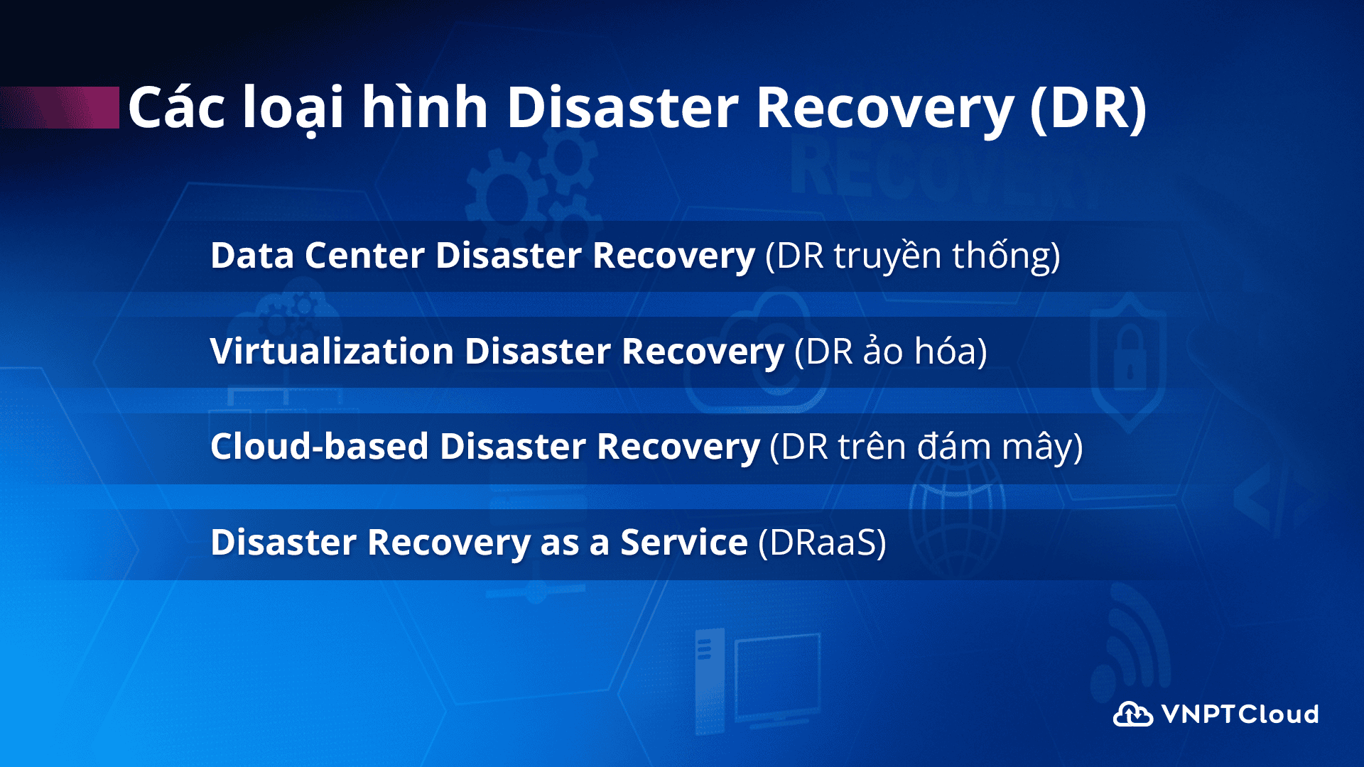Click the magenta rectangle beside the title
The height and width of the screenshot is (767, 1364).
tap(60, 107)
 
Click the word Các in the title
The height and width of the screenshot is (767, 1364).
tap(177, 107)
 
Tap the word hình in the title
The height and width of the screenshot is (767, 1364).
tap(425, 107)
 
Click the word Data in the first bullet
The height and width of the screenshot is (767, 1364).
tap(252, 256)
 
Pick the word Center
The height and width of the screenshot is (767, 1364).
tap(364, 256)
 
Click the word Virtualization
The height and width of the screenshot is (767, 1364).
tap(332, 351)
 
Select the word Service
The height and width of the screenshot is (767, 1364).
tap(684, 543)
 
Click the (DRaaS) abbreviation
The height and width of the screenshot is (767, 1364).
tap(823, 543)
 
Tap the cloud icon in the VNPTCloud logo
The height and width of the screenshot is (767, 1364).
tap(1133, 714)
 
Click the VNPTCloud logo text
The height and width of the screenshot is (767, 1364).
tap(1240, 714)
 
